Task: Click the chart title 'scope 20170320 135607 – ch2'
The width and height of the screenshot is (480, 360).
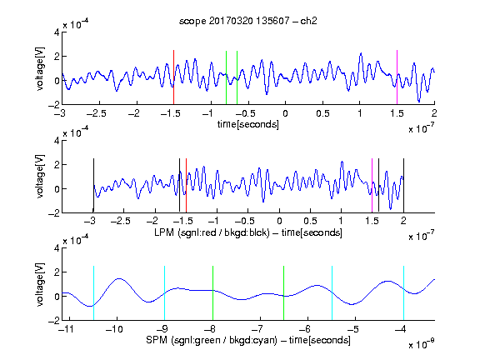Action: (247, 21)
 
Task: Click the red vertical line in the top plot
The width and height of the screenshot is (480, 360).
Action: (173, 77)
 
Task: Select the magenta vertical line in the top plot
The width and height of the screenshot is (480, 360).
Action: (397, 77)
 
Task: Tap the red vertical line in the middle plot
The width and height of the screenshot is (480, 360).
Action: (186, 186)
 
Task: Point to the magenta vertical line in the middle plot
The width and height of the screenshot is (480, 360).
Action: (372, 186)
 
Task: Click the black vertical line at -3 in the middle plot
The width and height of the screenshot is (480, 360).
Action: (93, 186)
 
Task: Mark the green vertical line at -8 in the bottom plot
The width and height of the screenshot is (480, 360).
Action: (212, 293)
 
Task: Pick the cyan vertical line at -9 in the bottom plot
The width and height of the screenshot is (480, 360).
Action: (165, 293)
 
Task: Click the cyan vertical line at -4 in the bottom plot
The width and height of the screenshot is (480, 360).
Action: (404, 293)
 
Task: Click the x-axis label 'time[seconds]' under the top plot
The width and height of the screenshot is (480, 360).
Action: (248, 124)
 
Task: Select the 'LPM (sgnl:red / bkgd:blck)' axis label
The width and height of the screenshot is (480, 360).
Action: (212, 232)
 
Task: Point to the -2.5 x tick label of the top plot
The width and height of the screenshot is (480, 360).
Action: (97, 114)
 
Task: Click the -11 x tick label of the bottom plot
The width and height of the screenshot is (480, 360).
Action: (66, 329)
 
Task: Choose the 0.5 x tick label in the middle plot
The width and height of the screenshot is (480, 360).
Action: (310, 221)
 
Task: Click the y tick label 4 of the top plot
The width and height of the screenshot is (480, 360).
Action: (57, 32)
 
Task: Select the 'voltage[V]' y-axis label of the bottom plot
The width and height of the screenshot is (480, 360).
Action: (40, 285)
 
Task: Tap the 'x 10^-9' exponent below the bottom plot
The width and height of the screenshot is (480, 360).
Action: (421, 344)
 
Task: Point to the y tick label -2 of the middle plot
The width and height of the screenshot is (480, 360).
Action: (53, 213)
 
